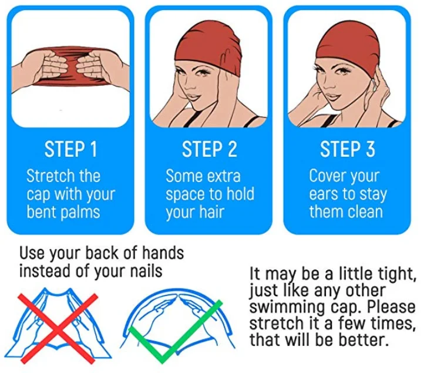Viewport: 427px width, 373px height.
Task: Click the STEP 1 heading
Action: coord(70,149)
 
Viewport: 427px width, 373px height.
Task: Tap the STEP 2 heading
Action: coord(210,149)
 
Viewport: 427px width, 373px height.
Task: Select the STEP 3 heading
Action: coord(348,149)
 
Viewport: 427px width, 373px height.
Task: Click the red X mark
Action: coord(58,328)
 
